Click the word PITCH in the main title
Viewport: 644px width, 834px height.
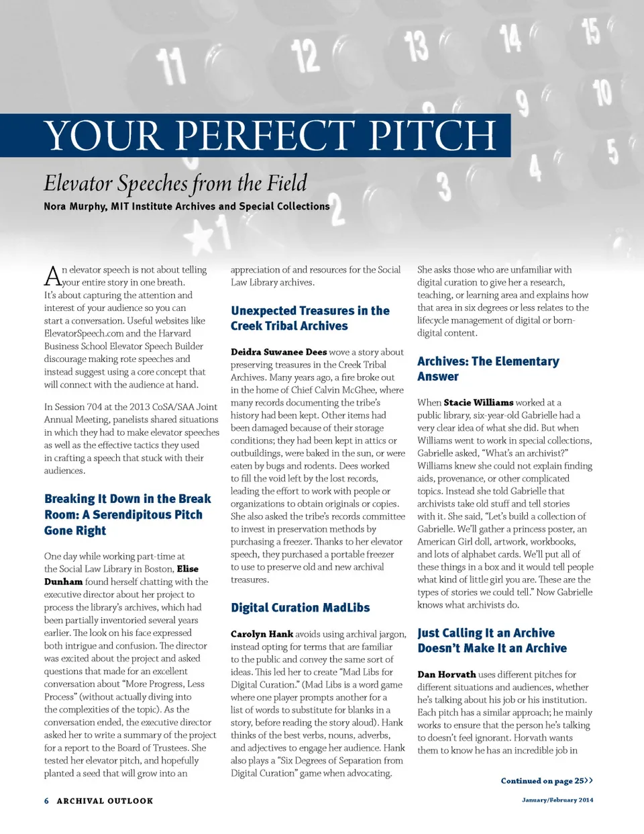432,136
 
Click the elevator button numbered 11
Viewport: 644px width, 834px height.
172,67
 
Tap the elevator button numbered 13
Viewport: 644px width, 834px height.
416,46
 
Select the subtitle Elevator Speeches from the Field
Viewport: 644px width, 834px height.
175,183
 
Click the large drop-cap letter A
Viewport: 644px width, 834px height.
52,276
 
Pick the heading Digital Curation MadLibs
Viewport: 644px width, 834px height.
300,608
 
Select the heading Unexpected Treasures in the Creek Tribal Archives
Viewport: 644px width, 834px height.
310,318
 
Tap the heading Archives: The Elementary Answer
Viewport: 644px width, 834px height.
488,369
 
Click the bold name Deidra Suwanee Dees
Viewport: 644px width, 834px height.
278,352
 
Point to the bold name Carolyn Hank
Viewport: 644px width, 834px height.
262,634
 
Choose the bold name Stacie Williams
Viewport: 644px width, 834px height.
478,402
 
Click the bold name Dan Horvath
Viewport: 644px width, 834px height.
446,674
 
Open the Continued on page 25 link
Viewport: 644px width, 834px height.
546,780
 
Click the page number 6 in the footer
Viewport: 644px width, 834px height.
46,800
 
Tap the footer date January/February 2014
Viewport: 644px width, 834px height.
557,800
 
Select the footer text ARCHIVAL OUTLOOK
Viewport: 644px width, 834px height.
105,800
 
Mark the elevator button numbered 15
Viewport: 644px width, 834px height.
590,31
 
